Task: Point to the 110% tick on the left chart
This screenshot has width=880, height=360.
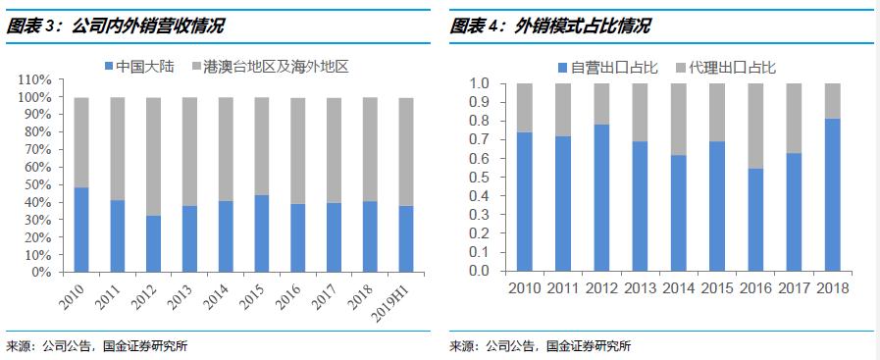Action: [34, 79]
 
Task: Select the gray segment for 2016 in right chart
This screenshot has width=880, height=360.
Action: [755, 126]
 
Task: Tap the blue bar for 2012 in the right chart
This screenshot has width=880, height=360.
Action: [602, 197]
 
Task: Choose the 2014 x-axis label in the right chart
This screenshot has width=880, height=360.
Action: [679, 288]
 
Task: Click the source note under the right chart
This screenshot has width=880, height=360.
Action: [540, 345]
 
